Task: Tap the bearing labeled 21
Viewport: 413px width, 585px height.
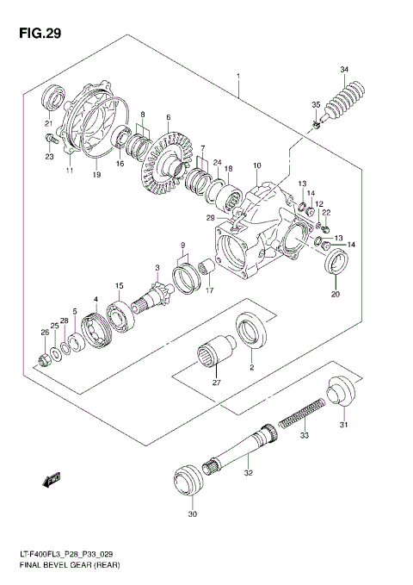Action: tap(55, 96)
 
